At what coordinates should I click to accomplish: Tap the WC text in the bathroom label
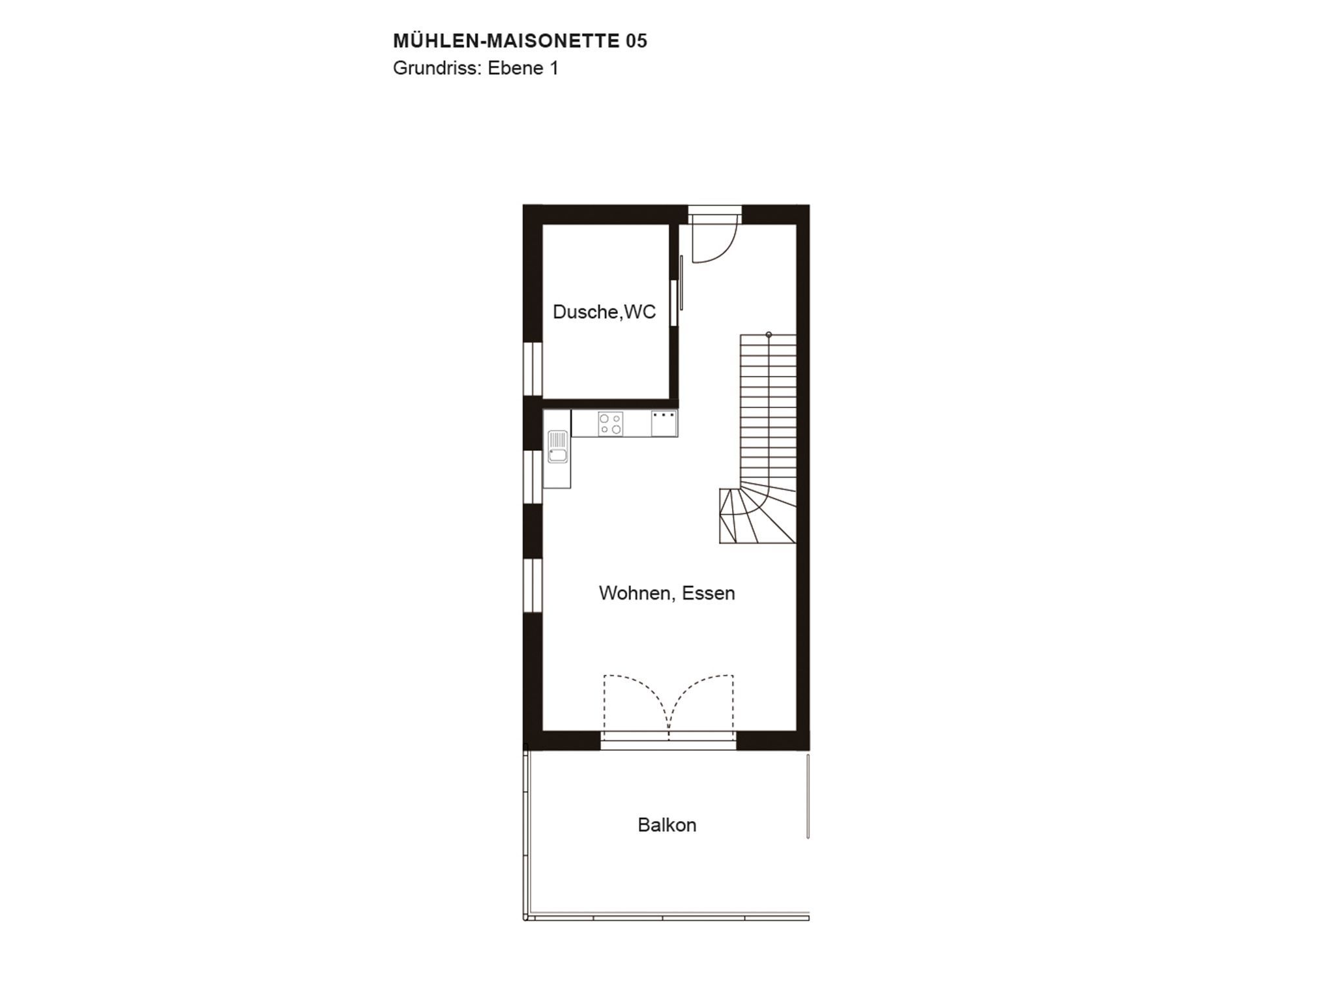pos(639,312)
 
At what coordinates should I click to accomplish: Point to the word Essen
pos(709,593)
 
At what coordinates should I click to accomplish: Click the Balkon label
pos(667,825)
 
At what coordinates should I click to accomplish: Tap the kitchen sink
pos(557,446)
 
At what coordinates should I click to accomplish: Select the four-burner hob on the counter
pos(611,424)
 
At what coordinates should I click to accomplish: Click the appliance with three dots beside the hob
pos(664,424)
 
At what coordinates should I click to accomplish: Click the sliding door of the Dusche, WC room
pos(681,283)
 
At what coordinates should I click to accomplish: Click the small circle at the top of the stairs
pos(769,335)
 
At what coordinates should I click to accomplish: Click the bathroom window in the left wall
pos(533,368)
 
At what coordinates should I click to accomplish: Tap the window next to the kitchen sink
pos(533,476)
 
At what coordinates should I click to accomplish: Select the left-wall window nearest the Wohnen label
pos(533,585)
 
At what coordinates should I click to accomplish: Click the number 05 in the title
pos(636,41)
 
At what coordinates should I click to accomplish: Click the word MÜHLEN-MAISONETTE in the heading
pos(506,40)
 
